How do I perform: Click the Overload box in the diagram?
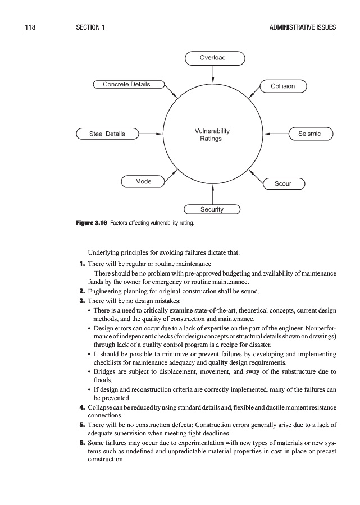pyautogui.click(x=213, y=58)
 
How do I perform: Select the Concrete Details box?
pyautogui.click(x=127, y=85)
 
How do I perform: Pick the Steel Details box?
pyautogui.click(x=107, y=134)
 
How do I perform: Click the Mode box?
pyautogui.click(x=143, y=181)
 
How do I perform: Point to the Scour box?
pyautogui.click(x=283, y=183)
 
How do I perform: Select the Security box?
pyautogui.click(x=212, y=209)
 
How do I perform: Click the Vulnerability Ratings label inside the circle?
pyautogui.click(x=211, y=135)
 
